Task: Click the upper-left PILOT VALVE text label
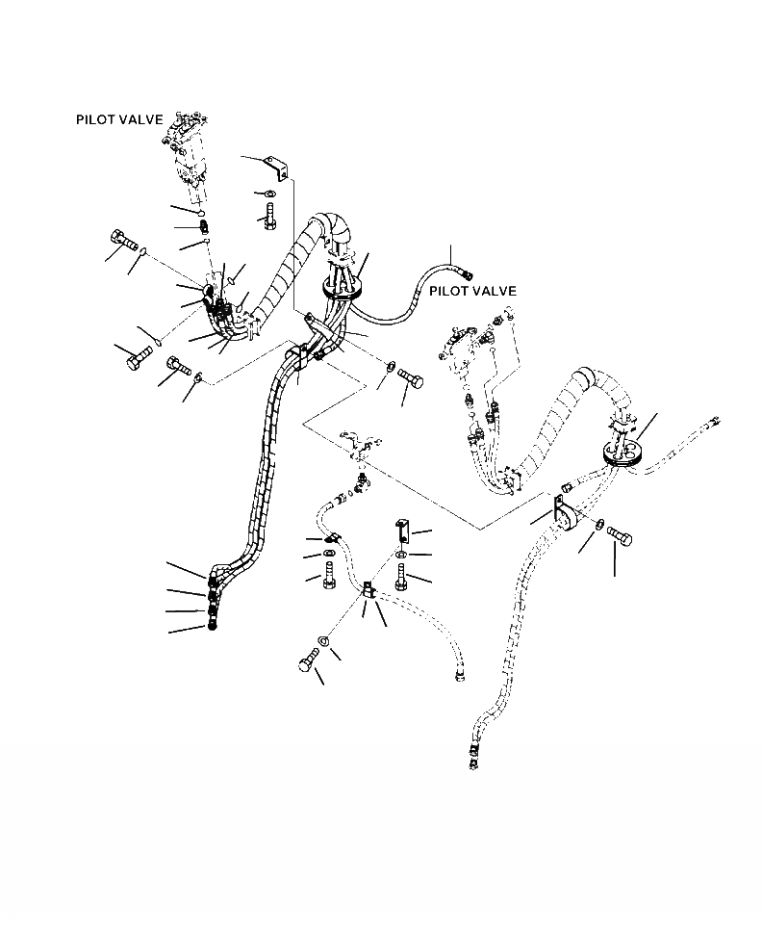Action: [x=119, y=120]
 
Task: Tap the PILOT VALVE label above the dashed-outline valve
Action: [x=472, y=291]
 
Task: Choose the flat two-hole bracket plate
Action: [x=401, y=531]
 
